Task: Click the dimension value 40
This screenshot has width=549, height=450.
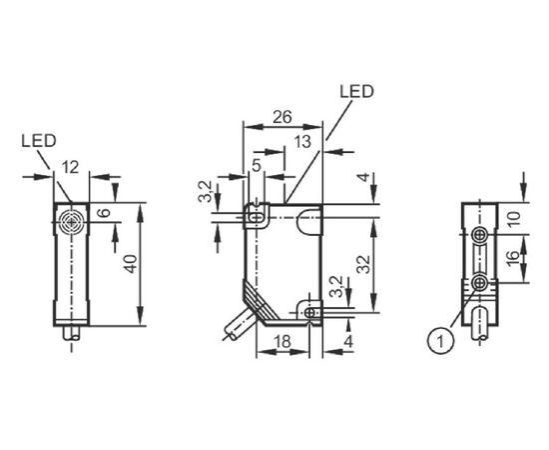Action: tap(132, 264)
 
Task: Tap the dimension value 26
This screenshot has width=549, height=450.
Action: tap(282, 117)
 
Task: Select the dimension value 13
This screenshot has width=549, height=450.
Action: tap(302, 142)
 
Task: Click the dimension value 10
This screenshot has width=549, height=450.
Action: tap(514, 220)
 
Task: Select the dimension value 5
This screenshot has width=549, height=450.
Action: tap(257, 165)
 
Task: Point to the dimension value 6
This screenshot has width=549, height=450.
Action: tap(105, 213)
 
